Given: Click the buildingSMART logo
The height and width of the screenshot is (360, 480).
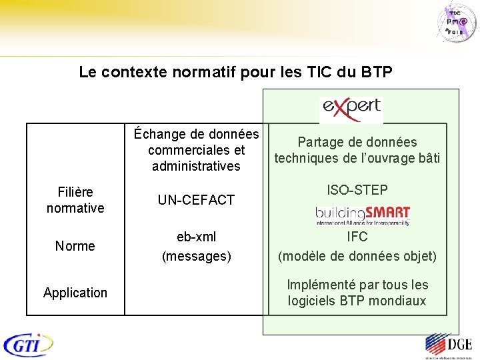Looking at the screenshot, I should [362, 215].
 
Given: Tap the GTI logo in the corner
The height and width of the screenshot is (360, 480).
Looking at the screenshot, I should [28, 345].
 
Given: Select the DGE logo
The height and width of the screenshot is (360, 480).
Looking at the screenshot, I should [448, 346].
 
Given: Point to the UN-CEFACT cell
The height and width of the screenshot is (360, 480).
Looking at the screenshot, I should [196, 200].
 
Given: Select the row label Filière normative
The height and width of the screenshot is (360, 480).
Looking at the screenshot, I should [75, 200].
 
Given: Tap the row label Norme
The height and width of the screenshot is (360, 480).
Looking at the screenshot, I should [75, 246].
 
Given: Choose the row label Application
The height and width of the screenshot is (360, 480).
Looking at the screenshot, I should [75, 293].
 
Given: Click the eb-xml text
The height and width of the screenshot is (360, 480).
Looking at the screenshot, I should [196, 237].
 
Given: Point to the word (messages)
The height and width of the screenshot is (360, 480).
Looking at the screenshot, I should [196, 256].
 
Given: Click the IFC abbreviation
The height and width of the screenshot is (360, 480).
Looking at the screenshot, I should [357, 237].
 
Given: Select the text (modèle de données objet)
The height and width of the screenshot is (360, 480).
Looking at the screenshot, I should [357, 256].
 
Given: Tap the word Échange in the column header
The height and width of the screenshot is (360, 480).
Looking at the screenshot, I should [159, 134].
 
